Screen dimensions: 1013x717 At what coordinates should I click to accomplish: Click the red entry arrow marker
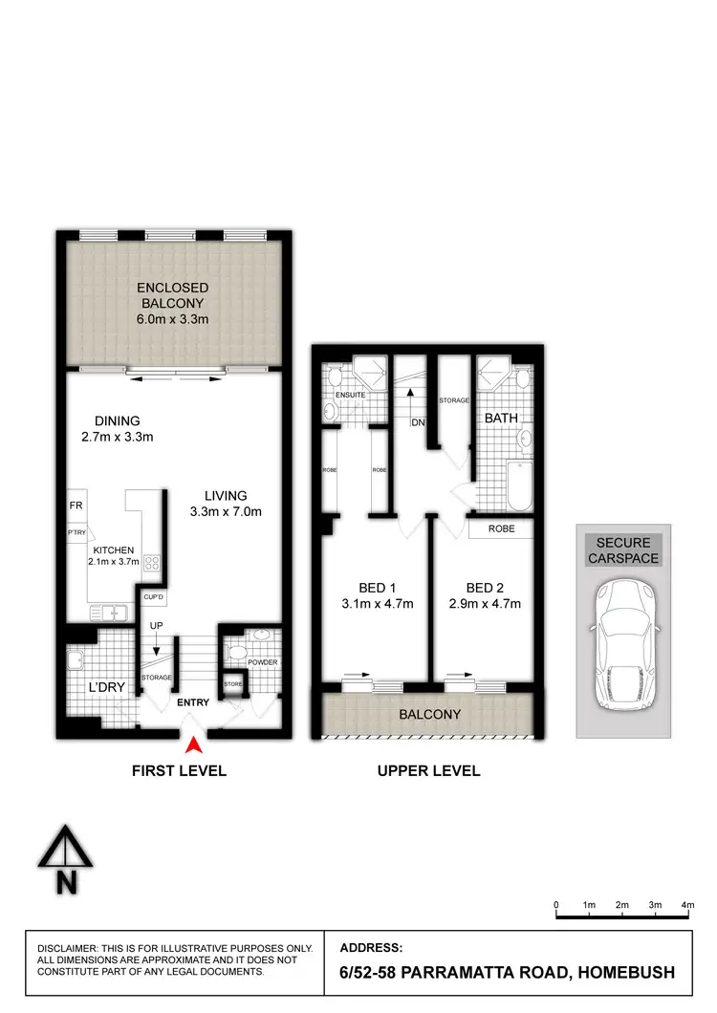(x=193, y=745)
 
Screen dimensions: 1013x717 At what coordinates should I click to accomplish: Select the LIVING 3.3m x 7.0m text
(x=226, y=504)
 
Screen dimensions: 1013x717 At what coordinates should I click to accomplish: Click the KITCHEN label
(x=114, y=550)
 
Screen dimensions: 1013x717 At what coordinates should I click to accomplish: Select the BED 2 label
(x=486, y=587)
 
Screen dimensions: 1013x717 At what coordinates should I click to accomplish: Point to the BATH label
(x=501, y=419)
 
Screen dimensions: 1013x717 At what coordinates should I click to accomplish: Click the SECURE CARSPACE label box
(x=623, y=550)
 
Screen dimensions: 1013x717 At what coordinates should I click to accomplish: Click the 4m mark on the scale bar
(x=687, y=904)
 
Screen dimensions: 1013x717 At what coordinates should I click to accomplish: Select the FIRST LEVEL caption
(x=180, y=770)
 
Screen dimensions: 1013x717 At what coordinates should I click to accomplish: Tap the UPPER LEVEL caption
(x=429, y=770)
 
